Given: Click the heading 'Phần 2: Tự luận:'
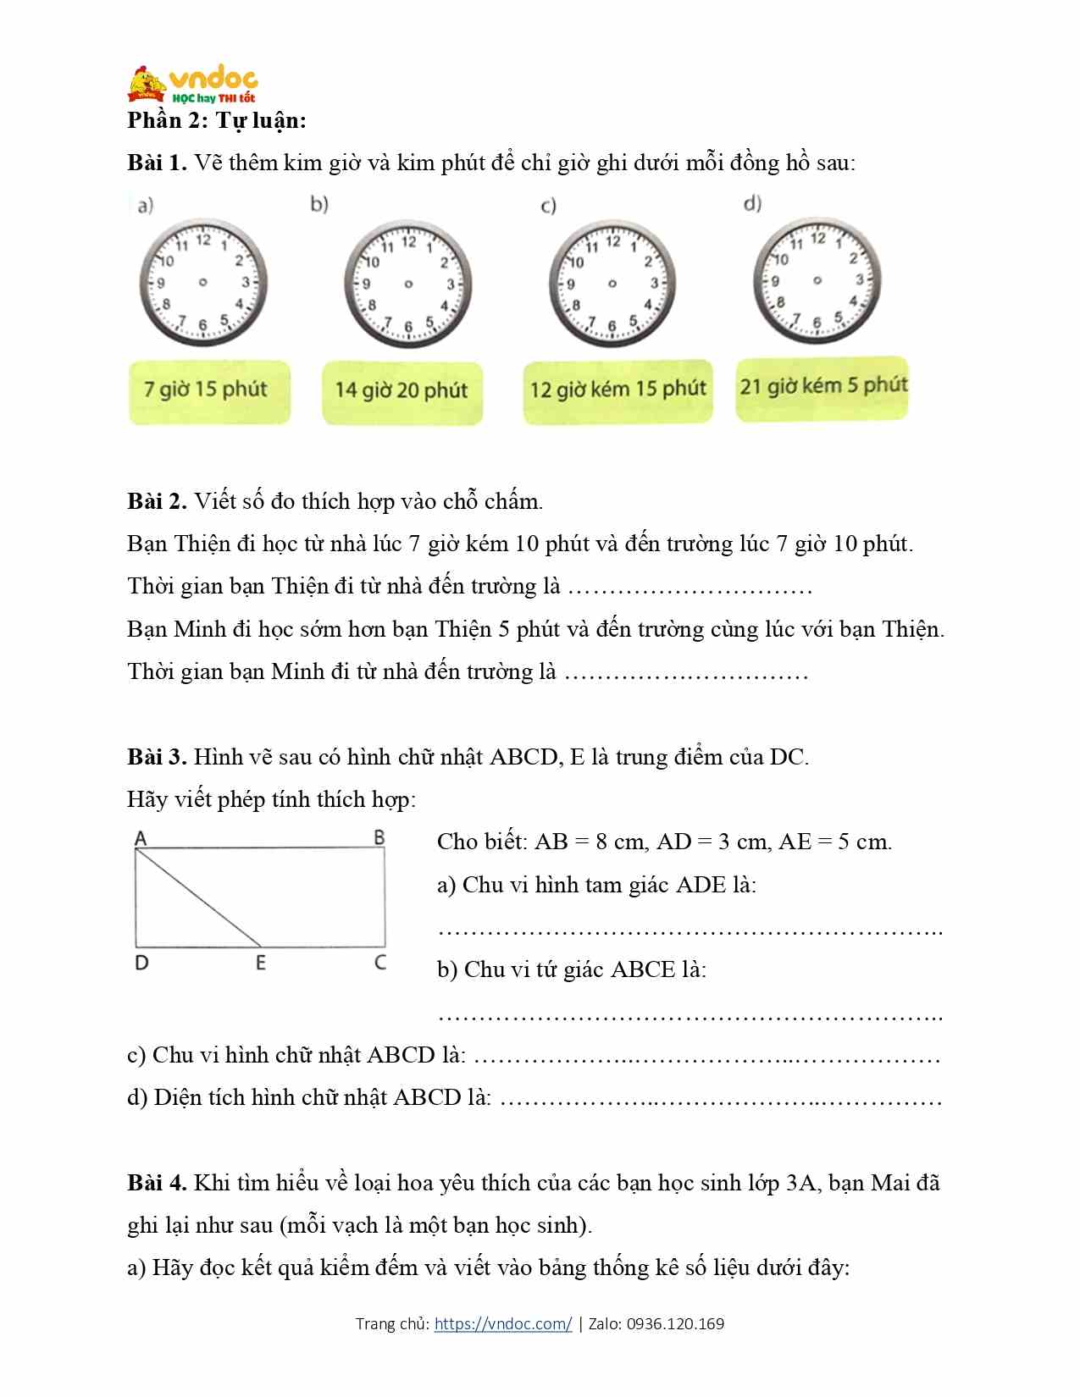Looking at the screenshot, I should [217, 120].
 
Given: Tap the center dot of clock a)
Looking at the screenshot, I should [203, 283].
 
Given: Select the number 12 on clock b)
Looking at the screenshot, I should [408, 242].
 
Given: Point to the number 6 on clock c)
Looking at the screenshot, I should [612, 326].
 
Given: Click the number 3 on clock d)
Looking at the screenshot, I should [859, 279].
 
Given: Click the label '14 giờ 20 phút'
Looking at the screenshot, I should [402, 390].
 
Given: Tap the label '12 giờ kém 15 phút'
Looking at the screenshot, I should [618, 389].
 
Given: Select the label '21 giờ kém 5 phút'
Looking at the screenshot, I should [822, 386].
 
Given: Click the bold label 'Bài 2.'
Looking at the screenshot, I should [157, 501].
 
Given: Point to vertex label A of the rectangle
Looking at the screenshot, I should [141, 838].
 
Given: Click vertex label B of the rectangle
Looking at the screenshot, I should [379, 837].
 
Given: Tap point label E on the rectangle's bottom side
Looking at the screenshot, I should [261, 963].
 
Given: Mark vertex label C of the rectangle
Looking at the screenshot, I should [380, 963].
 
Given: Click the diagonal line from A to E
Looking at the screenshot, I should [198, 897].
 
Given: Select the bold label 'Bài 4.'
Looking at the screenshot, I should [157, 1183].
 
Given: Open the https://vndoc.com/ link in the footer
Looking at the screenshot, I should [503, 1324].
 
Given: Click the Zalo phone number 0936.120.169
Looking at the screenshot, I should [675, 1324].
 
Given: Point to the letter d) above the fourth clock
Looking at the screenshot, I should [752, 203].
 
